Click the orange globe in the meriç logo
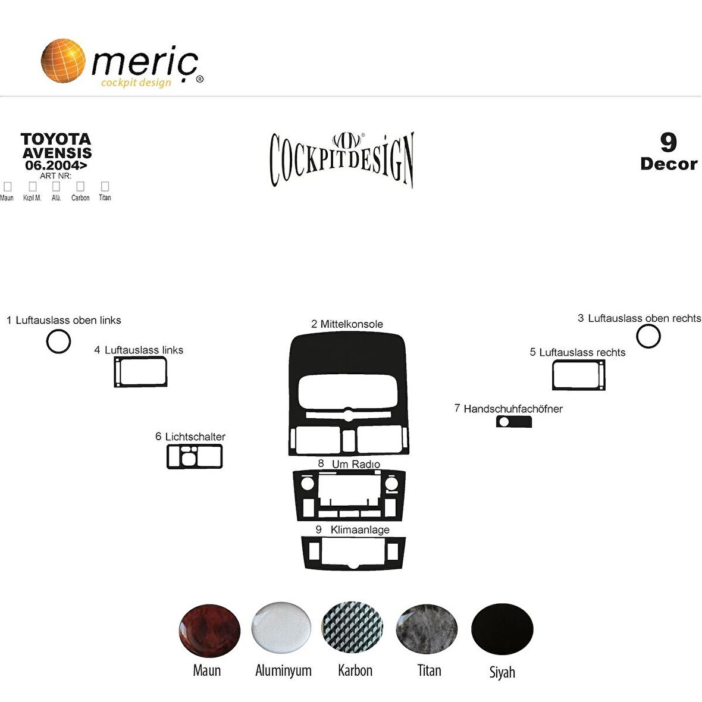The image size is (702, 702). click(62, 60)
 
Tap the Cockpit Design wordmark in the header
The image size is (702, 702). click(341, 159)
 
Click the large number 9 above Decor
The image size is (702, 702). click(669, 143)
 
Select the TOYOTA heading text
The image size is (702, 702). click(56, 139)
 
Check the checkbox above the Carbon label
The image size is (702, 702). click(80, 187)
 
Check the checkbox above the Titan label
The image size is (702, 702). click(105, 187)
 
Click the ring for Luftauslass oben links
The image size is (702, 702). click(58, 341)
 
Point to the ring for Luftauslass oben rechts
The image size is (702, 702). click(648, 337)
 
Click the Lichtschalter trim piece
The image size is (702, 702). click(195, 456)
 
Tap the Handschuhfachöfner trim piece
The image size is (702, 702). click(514, 422)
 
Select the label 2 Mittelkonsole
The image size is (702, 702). click(347, 324)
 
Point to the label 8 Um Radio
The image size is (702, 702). click(349, 464)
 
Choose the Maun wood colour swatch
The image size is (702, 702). click(209, 631)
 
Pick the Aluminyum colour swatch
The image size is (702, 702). click(281, 628)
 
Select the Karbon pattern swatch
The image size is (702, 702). click(352, 628)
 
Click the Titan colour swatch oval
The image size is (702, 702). click(427, 629)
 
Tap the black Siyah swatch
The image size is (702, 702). click(502, 629)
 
